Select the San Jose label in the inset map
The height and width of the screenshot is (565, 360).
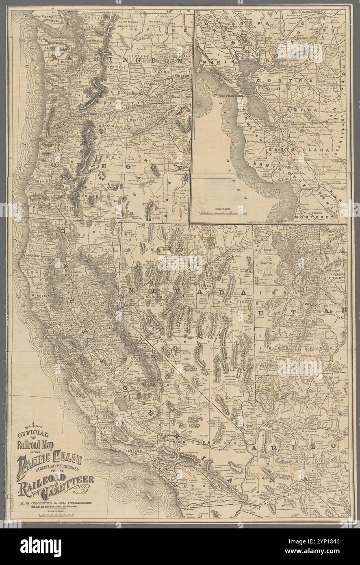tap(299, 141)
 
